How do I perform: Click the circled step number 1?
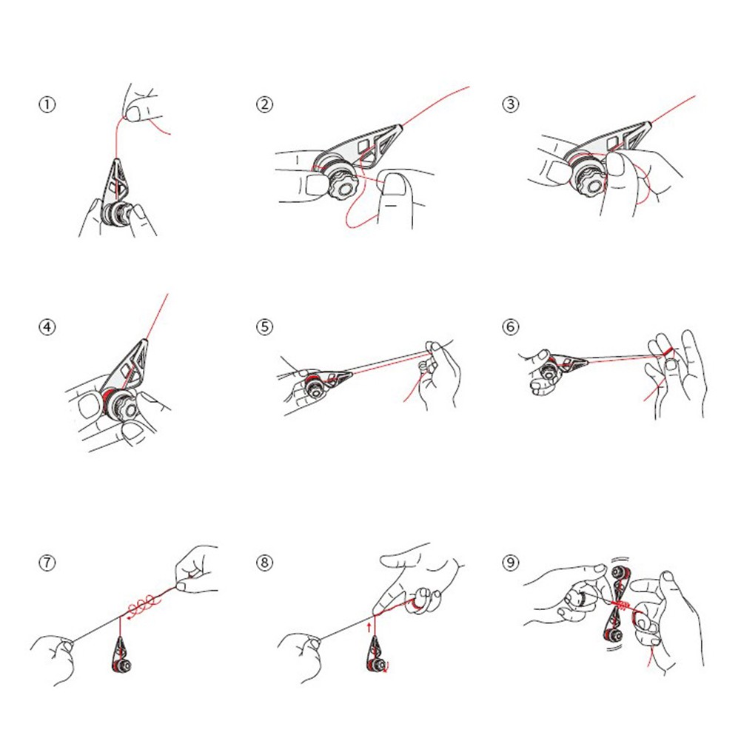coord(47,104)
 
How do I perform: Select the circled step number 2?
coord(264,104)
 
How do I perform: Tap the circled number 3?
coord(510,104)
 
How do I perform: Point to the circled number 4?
coord(47,326)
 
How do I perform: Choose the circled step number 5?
coord(264,326)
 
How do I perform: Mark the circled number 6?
coord(510,326)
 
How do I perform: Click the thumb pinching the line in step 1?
coord(135,111)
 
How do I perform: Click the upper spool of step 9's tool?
coord(618,575)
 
